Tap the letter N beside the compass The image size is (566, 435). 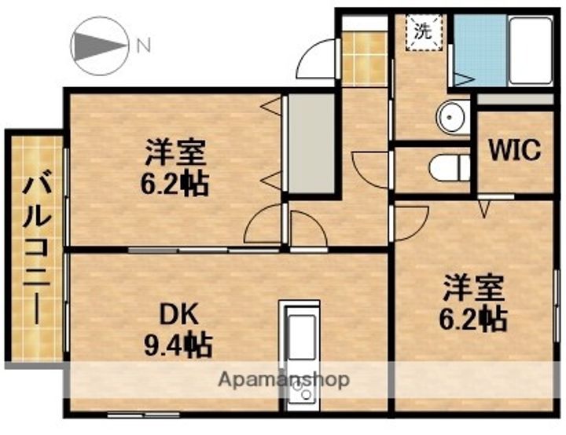click(143, 46)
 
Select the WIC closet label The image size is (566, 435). click(516, 149)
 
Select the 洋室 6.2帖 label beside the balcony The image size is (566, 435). click(175, 166)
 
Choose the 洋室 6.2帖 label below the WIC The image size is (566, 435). click(472, 302)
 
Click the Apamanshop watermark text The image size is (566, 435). click(283, 379)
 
